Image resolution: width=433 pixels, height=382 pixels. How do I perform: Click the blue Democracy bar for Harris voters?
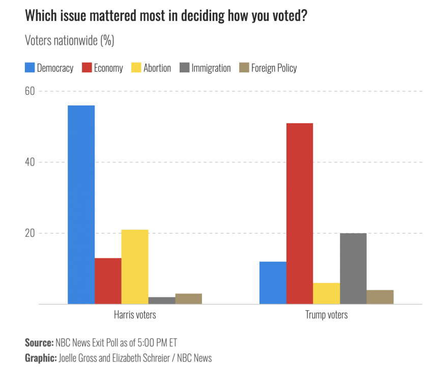coord(81,204)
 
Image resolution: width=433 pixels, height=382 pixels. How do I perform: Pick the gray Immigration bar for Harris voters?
coord(162,301)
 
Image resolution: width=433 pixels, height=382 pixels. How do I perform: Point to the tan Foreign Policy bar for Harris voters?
coord(188,299)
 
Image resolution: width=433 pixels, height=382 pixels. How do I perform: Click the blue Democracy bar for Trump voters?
coord(273,283)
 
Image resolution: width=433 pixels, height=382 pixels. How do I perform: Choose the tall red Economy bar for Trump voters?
coord(300,213)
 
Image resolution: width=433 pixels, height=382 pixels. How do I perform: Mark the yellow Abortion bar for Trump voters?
coord(327,293)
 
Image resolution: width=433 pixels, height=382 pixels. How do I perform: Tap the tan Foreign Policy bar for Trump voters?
coord(380,297)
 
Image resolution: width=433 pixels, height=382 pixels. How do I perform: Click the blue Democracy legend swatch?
coord(30,68)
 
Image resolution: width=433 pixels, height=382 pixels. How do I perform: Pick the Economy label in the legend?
coord(108,68)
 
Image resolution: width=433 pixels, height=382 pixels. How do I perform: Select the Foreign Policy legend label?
coord(274,68)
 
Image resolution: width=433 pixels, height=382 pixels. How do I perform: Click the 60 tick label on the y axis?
coord(30,91)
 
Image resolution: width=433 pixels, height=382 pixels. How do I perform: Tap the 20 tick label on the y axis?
coord(30,233)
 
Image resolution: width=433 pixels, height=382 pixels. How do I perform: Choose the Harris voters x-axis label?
coord(135,315)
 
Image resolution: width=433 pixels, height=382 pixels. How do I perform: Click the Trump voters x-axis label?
coord(326,315)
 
